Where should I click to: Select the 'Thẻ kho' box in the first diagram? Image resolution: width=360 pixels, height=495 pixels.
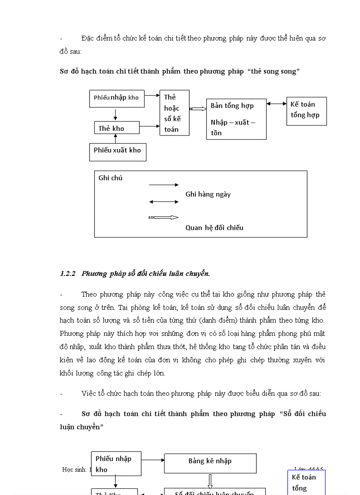coord(117,128)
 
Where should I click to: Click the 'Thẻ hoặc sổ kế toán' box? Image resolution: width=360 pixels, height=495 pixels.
coord(175,113)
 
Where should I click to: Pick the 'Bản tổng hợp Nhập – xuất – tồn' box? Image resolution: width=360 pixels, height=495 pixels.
coord(236,119)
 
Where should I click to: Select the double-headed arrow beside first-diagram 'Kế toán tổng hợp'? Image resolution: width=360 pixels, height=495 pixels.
coord(276,104)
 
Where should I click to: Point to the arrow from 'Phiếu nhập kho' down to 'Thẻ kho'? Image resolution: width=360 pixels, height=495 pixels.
coord(115,115)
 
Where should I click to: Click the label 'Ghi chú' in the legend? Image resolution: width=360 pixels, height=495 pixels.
coord(110,178)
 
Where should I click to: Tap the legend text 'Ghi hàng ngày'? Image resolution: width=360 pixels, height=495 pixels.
coord(208,194)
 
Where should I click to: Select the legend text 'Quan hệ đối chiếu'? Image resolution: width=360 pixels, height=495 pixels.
coord(214,228)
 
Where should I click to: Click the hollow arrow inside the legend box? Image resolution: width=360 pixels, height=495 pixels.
coord(164,217)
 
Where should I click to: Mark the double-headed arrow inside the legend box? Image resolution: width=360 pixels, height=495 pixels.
coord(164,202)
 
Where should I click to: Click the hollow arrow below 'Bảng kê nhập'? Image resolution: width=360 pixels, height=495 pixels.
coord(210,481)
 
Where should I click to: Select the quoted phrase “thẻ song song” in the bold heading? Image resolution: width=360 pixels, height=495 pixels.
coord(275,71)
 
